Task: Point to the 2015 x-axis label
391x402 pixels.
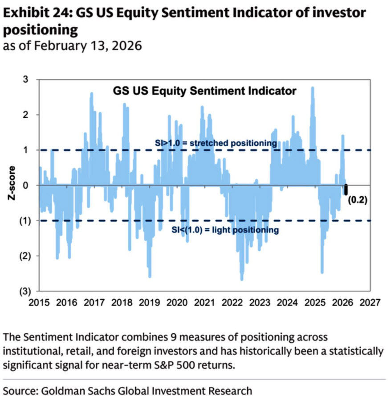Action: coord(39,303)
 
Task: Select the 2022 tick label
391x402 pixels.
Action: coord(232,303)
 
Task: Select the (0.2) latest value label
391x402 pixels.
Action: coord(357,200)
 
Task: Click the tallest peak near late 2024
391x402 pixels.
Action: coord(313,88)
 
